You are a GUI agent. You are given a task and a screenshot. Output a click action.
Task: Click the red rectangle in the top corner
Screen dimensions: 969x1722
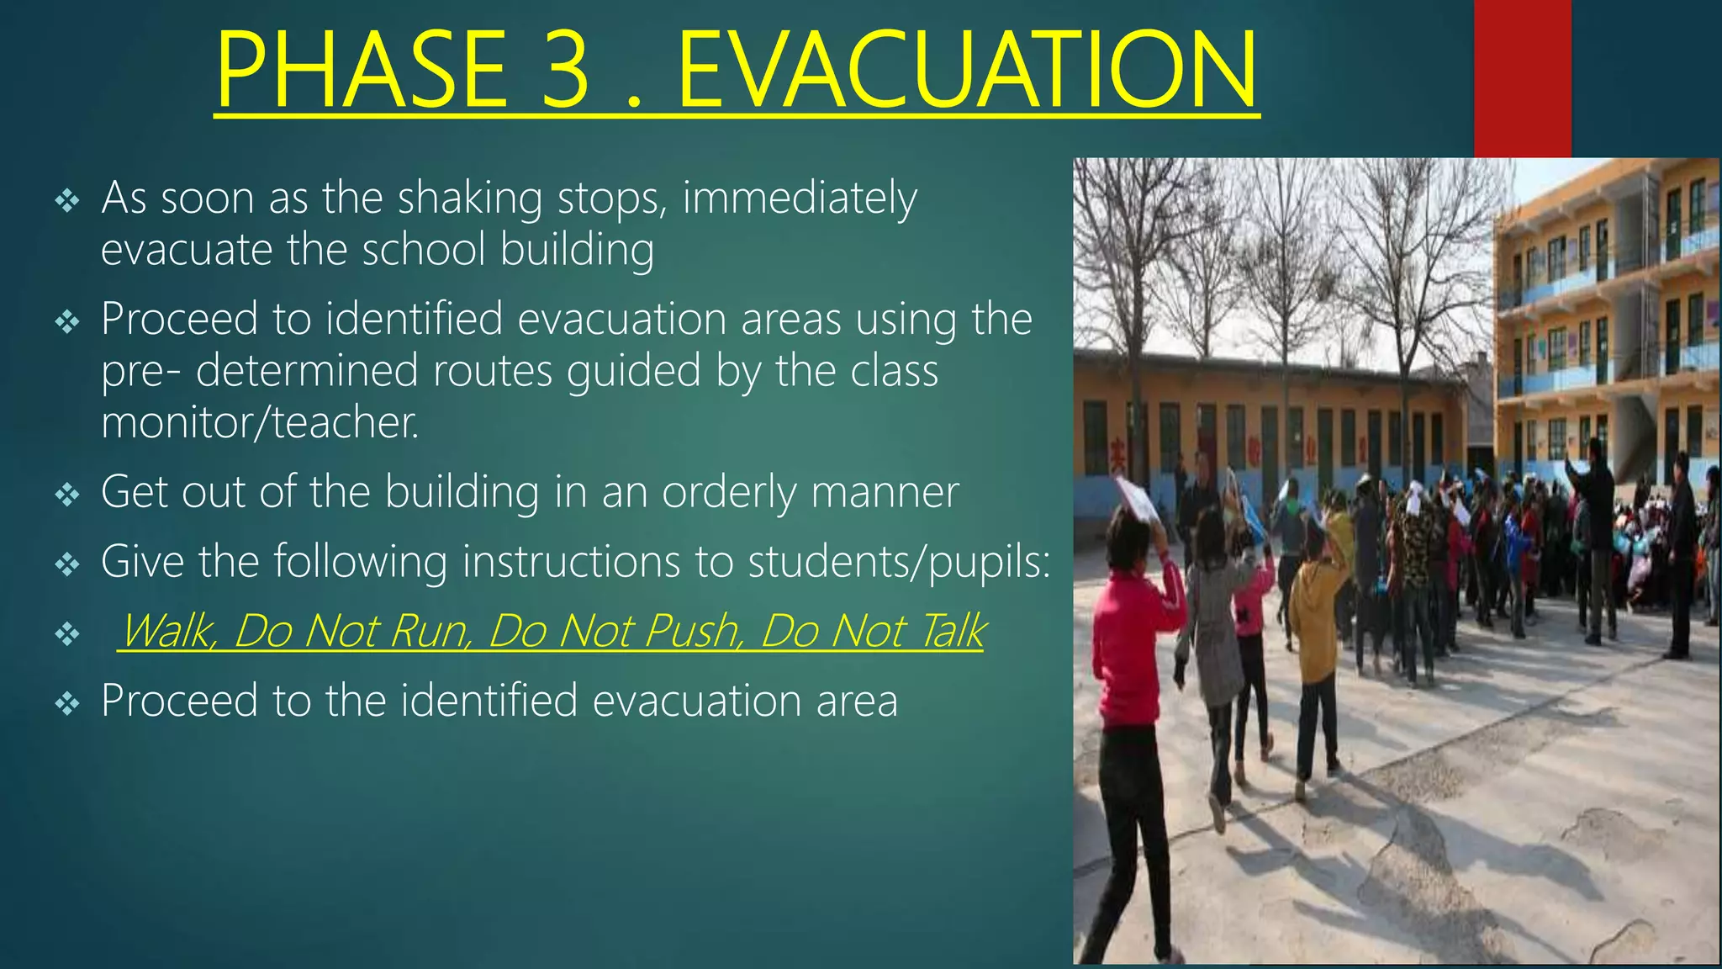click(x=1522, y=78)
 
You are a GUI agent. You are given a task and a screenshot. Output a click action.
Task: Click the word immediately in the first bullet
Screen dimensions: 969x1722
click(x=799, y=200)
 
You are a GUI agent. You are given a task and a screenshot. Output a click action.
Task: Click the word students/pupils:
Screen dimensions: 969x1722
click(x=899, y=562)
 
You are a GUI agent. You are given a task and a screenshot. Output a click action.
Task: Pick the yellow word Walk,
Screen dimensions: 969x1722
click(x=169, y=631)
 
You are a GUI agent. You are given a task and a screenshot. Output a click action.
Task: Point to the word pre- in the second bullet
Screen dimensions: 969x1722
click(x=140, y=372)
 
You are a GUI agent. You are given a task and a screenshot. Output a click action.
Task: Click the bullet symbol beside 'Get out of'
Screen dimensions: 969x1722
click(x=66, y=495)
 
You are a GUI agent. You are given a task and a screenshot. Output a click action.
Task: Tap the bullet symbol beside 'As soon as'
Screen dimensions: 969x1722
click(x=66, y=201)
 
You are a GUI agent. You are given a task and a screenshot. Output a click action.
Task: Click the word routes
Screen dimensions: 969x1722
click(x=492, y=371)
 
